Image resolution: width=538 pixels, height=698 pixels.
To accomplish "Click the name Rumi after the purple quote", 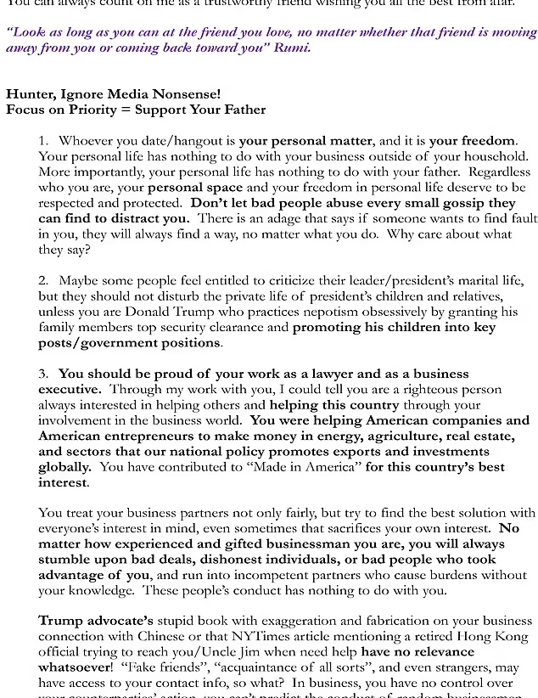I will (290, 47).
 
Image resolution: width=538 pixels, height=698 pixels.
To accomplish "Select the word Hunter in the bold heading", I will (28, 93).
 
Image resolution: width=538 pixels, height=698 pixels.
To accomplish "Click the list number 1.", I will (42, 140).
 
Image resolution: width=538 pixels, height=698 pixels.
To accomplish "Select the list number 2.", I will (42, 279).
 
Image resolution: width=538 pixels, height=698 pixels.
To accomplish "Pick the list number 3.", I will (42, 374).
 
